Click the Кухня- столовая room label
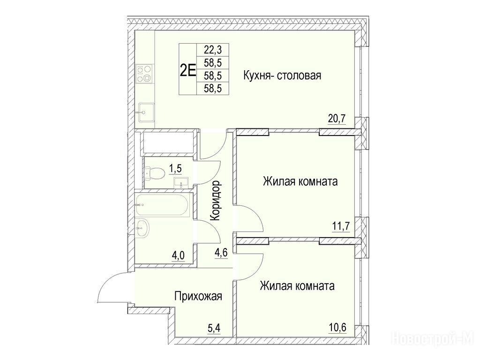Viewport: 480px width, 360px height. [x=282, y=75]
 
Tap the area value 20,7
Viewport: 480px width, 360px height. [x=337, y=119]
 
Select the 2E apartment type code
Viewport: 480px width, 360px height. [x=187, y=71]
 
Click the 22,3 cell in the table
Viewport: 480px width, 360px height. [x=212, y=49]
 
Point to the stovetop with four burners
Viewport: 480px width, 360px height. [x=144, y=74]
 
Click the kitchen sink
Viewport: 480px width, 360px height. [x=145, y=112]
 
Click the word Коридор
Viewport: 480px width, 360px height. [x=216, y=201]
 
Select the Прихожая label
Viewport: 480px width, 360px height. [x=198, y=296]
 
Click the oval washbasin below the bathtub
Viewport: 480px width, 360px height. [x=142, y=227]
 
